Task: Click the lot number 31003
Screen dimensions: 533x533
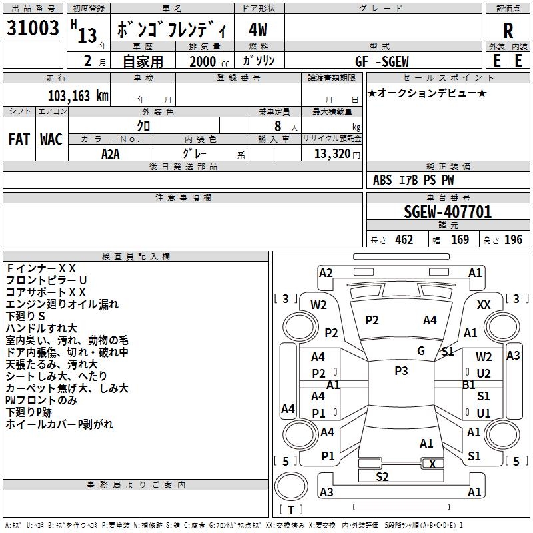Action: pyautogui.click(x=33, y=29)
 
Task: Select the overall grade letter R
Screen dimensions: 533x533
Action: pyautogui.click(x=508, y=31)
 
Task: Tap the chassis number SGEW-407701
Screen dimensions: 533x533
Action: pyautogui.click(x=448, y=213)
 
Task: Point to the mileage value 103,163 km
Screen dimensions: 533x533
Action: pyautogui.click(x=78, y=95)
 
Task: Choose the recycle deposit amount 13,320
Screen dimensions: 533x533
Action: pyautogui.click(x=331, y=154)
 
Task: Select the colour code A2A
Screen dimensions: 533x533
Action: pyautogui.click(x=111, y=154)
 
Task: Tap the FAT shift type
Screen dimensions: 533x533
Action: pyautogui.click(x=19, y=139)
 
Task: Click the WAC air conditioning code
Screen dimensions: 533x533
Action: pyautogui.click(x=51, y=139)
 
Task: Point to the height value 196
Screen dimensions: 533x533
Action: pyautogui.click(x=513, y=240)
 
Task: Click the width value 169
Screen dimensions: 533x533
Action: pyautogui.click(x=460, y=240)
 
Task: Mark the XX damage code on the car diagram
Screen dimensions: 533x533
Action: pyautogui.click(x=484, y=304)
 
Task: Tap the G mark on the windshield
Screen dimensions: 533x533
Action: pyautogui.click(x=421, y=350)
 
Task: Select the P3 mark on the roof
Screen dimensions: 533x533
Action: pyautogui.click(x=400, y=371)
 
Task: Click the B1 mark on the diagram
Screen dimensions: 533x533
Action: pyautogui.click(x=469, y=384)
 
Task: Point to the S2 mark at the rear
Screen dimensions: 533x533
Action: pyautogui.click(x=382, y=476)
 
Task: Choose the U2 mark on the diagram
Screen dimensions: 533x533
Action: pyautogui.click(x=484, y=374)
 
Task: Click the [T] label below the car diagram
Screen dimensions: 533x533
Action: pyautogui.click(x=291, y=510)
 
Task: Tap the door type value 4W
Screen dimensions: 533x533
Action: pyautogui.click(x=258, y=31)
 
